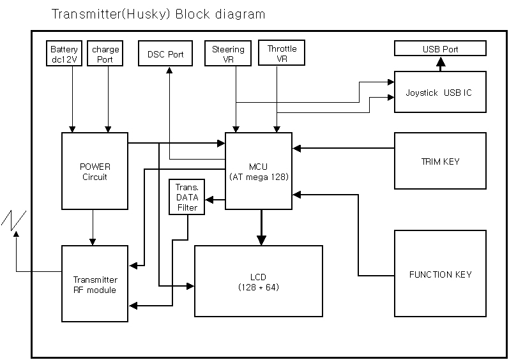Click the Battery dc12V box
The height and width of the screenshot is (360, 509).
coord(65,54)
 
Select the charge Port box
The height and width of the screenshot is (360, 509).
coord(106,54)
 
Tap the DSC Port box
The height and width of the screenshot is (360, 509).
coord(165,54)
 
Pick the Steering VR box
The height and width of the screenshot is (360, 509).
coord(228,54)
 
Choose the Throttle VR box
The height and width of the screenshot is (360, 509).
coord(282,54)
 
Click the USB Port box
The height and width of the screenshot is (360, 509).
coord(440,49)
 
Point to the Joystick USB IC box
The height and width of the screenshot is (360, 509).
coord(440,93)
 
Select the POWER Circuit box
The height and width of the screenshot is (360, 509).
coord(95,172)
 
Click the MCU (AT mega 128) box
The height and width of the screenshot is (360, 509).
coord(259,170)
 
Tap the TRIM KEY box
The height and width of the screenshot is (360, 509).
coord(440,161)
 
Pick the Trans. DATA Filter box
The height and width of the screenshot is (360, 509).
coord(187,197)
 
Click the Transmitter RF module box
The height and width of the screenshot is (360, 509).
coord(95,284)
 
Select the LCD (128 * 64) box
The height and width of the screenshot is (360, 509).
coord(258,281)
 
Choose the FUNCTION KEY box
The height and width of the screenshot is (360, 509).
coord(440,274)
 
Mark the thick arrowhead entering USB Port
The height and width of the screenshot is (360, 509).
coord(440,62)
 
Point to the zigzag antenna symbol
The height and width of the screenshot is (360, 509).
coord(13,219)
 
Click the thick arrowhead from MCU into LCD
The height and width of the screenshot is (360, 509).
coord(261,240)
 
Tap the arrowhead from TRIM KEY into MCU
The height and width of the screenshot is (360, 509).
coord(297,148)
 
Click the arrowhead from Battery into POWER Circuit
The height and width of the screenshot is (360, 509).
coord(73,129)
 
